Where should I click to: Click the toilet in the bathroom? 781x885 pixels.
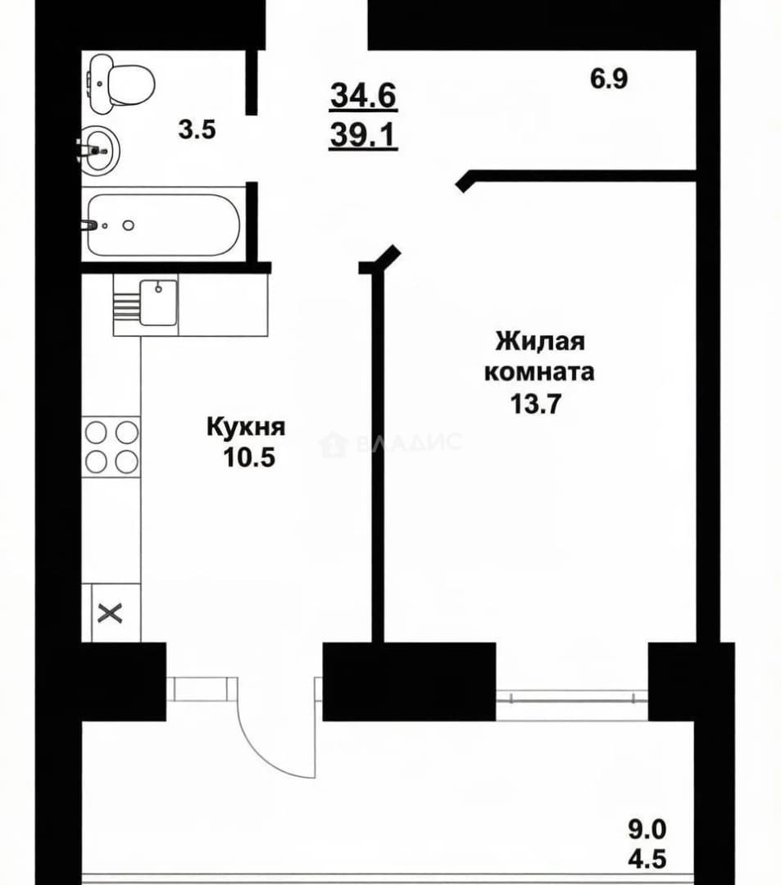(120, 84)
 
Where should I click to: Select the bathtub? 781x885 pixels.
(164, 225)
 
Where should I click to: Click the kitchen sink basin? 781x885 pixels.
(158, 302)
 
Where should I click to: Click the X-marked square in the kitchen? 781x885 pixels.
(111, 613)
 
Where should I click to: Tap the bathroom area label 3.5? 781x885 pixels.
(198, 130)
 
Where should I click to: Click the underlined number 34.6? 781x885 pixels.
(364, 95)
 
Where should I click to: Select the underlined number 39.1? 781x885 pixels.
(364, 135)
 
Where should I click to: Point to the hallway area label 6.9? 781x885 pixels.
(609, 79)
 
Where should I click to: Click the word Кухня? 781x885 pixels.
(246, 427)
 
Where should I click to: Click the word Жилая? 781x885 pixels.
(540, 342)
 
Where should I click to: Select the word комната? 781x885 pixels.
(539, 373)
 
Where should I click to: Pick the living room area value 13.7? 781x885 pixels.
(535, 403)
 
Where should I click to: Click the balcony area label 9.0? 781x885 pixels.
(647, 829)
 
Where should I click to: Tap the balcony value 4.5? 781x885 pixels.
(647, 859)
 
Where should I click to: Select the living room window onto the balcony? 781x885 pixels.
(572, 698)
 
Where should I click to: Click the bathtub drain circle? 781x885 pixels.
(129, 225)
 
